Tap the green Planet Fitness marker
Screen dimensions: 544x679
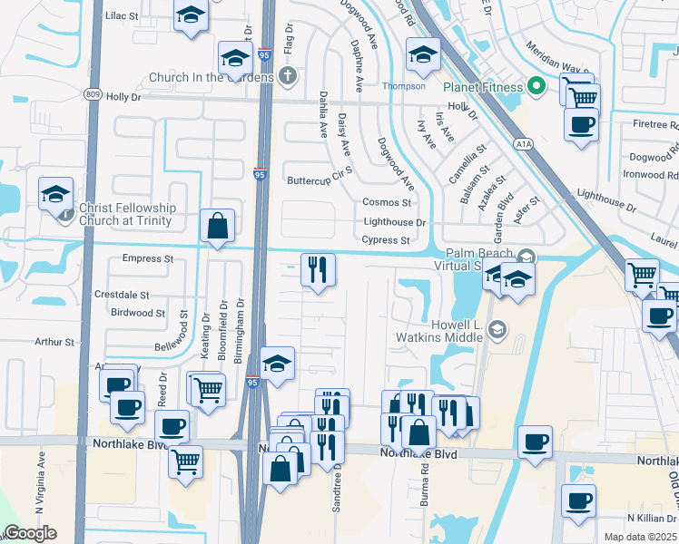click(x=536, y=87)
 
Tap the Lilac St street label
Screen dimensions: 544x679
click(x=122, y=16)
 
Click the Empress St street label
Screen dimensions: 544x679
click(x=147, y=258)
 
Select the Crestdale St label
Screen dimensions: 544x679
click(x=122, y=296)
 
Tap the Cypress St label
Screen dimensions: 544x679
click(x=385, y=240)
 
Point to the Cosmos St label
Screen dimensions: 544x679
click(x=387, y=202)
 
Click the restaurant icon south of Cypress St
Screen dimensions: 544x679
click(x=318, y=269)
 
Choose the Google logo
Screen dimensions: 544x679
click(x=30, y=533)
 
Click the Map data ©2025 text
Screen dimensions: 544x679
click(x=640, y=537)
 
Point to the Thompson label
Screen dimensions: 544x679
click(x=403, y=86)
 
